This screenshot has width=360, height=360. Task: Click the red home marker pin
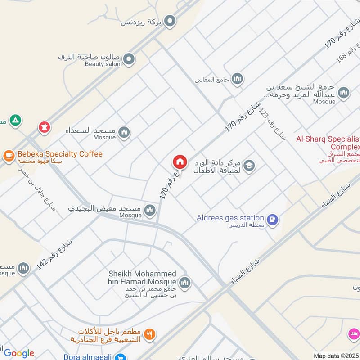pos(180,161)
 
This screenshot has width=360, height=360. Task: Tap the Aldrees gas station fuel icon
pos(272,220)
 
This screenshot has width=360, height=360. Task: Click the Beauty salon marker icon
pos(129,59)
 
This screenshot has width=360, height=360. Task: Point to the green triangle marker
pos(16,121)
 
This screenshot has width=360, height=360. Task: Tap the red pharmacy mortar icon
pos(44,127)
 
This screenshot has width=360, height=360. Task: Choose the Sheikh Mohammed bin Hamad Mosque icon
pos(184,283)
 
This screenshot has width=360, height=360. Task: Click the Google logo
pos(18,353)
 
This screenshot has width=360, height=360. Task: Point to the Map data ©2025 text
pos(336,356)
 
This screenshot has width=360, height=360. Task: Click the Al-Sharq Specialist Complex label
pos(328,143)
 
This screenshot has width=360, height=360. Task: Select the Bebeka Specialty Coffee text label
pos(60,154)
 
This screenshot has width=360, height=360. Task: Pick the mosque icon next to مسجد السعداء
pos(124,132)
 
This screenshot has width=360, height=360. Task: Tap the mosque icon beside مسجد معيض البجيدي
pos(149,210)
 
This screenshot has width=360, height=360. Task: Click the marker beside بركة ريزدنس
pos(170,21)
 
